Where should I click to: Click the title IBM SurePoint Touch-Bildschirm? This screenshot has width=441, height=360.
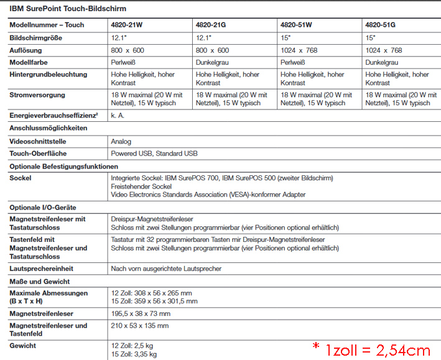pyautogui.click(x=68, y=9)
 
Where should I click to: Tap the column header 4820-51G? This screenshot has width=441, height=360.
pyautogui.click(x=380, y=25)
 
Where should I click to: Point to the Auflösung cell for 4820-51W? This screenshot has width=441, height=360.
pyautogui.click(x=299, y=50)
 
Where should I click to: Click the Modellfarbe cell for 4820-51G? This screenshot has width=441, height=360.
pyautogui.click(x=381, y=62)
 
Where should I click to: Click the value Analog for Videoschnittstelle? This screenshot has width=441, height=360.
pyautogui.click(x=121, y=141)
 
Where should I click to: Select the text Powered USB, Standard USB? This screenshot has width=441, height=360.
pyautogui.click(x=154, y=153)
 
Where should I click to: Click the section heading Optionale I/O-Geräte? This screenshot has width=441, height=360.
pyautogui.click(x=43, y=207)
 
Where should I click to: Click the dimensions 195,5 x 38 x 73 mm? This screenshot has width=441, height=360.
pyautogui.click(x=141, y=314)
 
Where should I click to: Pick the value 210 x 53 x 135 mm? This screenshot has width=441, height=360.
pyautogui.click(x=139, y=326)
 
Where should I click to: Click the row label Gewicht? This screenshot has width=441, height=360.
pyautogui.click(x=23, y=345)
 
